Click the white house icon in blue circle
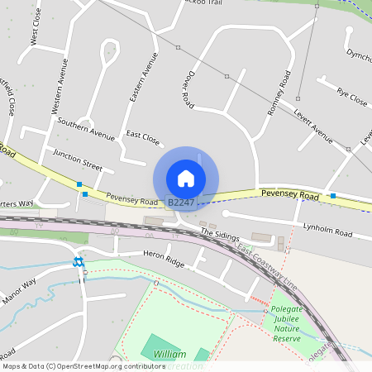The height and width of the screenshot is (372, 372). point(186,179)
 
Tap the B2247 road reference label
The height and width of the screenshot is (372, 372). point(181,202)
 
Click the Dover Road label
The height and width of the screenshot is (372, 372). point(188,88)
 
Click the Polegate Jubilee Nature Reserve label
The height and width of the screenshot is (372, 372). point(287,323)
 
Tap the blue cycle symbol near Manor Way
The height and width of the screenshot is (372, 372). point(79,262)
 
